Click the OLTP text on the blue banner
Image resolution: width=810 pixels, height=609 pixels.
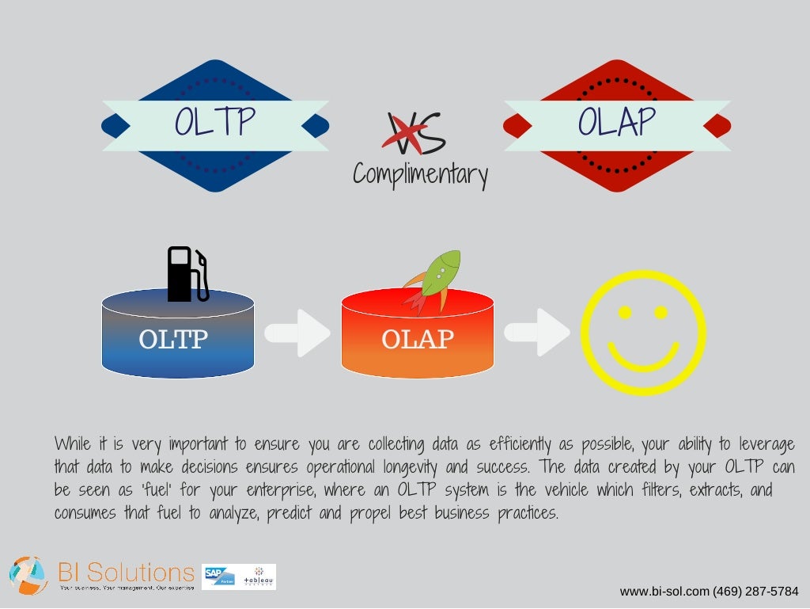click(214, 122)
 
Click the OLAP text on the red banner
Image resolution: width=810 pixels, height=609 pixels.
click(616, 122)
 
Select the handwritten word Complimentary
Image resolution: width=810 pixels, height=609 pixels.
click(420, 174)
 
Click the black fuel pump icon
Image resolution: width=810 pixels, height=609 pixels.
click(187, 273)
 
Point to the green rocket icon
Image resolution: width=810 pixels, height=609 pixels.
click(433, 280)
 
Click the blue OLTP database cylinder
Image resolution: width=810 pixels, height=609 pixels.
click(178, 339)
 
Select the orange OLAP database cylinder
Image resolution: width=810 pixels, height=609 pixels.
click(418, 339)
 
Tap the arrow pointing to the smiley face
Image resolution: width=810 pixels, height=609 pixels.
click(537, 333)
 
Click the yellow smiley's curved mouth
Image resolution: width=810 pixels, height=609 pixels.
click(643, 358)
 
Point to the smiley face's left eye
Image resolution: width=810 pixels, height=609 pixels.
click(625, 312)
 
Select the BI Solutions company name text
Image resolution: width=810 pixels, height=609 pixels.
click(127, 573)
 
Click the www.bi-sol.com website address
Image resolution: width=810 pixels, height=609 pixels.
click(664, 592)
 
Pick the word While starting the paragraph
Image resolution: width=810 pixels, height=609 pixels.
click(74, 443)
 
